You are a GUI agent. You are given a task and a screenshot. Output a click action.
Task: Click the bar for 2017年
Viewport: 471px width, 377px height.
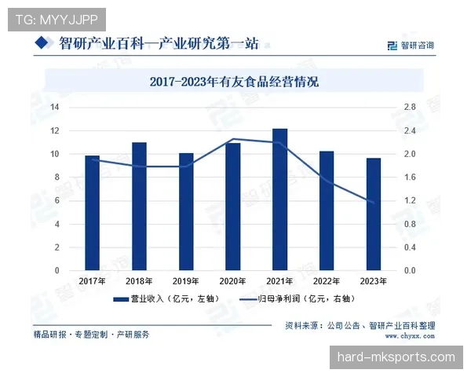(93, 213)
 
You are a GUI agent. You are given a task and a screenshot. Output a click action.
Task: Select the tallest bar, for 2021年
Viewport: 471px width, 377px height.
(279, 199)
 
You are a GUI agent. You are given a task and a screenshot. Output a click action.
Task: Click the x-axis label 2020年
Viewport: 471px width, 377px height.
(233, 281)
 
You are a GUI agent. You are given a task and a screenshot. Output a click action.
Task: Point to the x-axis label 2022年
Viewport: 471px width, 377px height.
(327, 281)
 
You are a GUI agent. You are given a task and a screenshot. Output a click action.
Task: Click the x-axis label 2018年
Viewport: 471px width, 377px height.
(140, 281)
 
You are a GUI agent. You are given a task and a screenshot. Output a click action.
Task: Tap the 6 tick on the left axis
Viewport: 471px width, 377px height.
(57, 200)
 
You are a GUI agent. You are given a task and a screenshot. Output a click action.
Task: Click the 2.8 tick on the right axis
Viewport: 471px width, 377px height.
(410, 107)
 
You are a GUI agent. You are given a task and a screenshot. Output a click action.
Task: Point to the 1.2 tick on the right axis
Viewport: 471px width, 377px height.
(410, 200)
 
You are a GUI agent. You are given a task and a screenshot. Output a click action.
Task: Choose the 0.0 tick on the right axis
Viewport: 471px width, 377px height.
(410, 270)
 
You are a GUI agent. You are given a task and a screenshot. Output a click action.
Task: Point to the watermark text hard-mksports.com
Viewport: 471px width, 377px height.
(396, 357)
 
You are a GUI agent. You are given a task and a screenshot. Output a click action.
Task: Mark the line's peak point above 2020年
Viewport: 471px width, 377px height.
(233, 139)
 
